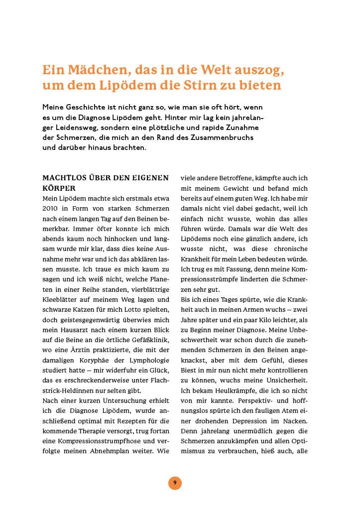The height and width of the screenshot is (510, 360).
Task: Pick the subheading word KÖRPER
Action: point(59,188)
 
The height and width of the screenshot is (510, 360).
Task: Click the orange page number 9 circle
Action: point(174,483)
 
